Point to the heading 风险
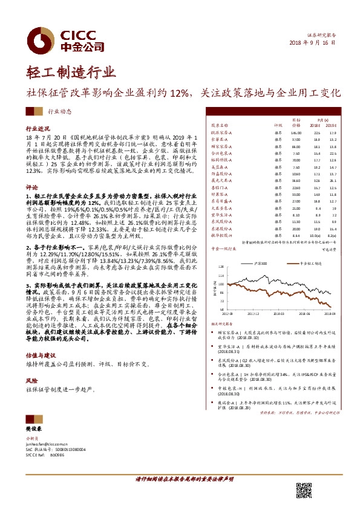coord(31,381)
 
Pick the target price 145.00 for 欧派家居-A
coord(296,132)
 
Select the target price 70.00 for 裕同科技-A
coord(296,160)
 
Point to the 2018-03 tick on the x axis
coord(277,314)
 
